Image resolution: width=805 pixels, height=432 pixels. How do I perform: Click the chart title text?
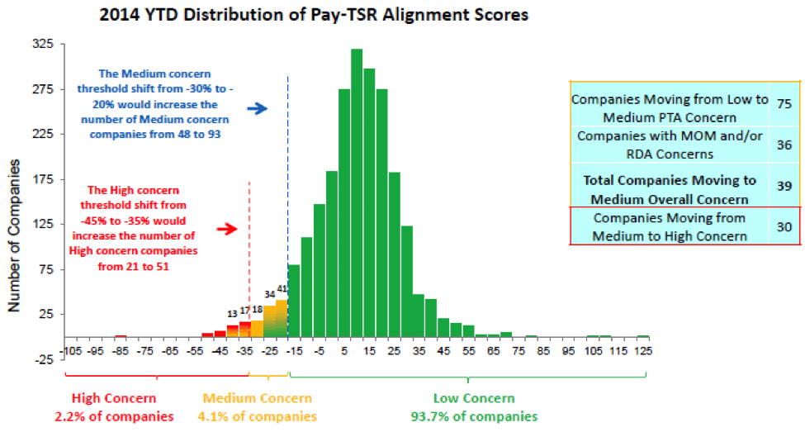point(314,14)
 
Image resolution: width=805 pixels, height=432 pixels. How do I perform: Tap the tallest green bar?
point(357,192)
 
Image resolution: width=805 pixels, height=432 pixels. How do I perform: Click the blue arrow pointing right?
point(258,108)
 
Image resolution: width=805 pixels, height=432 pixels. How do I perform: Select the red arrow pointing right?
point(227,229)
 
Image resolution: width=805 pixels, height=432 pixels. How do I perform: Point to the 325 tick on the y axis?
point(43,44)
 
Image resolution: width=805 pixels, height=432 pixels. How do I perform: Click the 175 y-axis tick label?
point(43,179)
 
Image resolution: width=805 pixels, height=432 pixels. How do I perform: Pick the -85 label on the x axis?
point(121,351)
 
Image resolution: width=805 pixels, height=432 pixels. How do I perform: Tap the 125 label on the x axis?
point(643,351)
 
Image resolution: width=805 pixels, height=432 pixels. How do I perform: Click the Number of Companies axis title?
point(14,235)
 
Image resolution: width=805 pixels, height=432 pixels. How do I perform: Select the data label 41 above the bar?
point(282,288)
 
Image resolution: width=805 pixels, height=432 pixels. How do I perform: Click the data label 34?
point(270,294)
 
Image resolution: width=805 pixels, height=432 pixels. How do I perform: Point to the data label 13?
point(233,313)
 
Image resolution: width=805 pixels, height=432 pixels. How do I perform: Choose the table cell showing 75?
point(784,104)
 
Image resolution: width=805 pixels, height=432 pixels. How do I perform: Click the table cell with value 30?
point(784,226)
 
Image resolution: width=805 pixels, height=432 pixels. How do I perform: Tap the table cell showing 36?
point(784,145)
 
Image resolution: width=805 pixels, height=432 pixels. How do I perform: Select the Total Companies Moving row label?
point(670,189)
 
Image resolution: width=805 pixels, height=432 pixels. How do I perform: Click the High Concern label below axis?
point(114,398)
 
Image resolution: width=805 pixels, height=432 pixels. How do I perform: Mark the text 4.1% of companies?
point(258,416)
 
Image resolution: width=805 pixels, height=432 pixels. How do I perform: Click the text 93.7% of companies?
point(474,416)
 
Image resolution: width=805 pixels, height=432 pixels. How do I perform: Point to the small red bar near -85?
point(121,336)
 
